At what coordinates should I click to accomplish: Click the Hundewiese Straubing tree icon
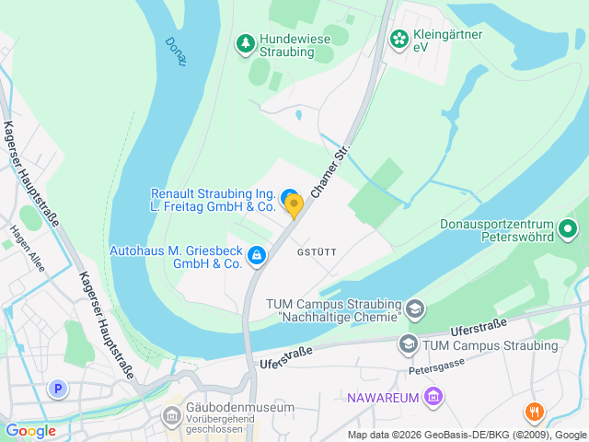[x=245, y=42]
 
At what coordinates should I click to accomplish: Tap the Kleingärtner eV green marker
[x=398, y=38]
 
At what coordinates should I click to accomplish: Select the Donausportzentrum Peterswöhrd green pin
[x=568, y=227]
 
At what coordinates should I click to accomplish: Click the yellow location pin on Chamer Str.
[x=294, y=205]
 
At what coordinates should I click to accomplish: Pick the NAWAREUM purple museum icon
[x=434, y=398]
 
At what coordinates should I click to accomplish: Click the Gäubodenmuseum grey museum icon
[x=171, y=415]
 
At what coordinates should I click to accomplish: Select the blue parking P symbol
[x=59, y=390]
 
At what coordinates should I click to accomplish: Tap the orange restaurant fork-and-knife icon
[x=534, y=412]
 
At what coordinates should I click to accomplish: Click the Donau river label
[x=176, y=51]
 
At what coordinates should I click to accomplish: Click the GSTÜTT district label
[x=317, y=250]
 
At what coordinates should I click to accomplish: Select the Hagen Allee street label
[x=27, y=243]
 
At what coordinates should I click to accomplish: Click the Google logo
[x=30, y=430]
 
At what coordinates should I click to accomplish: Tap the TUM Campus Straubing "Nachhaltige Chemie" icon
[x=415, y=308]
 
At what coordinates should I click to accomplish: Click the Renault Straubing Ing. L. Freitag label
[x=213, y=200]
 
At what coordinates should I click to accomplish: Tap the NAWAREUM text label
[x=382, y=398]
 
